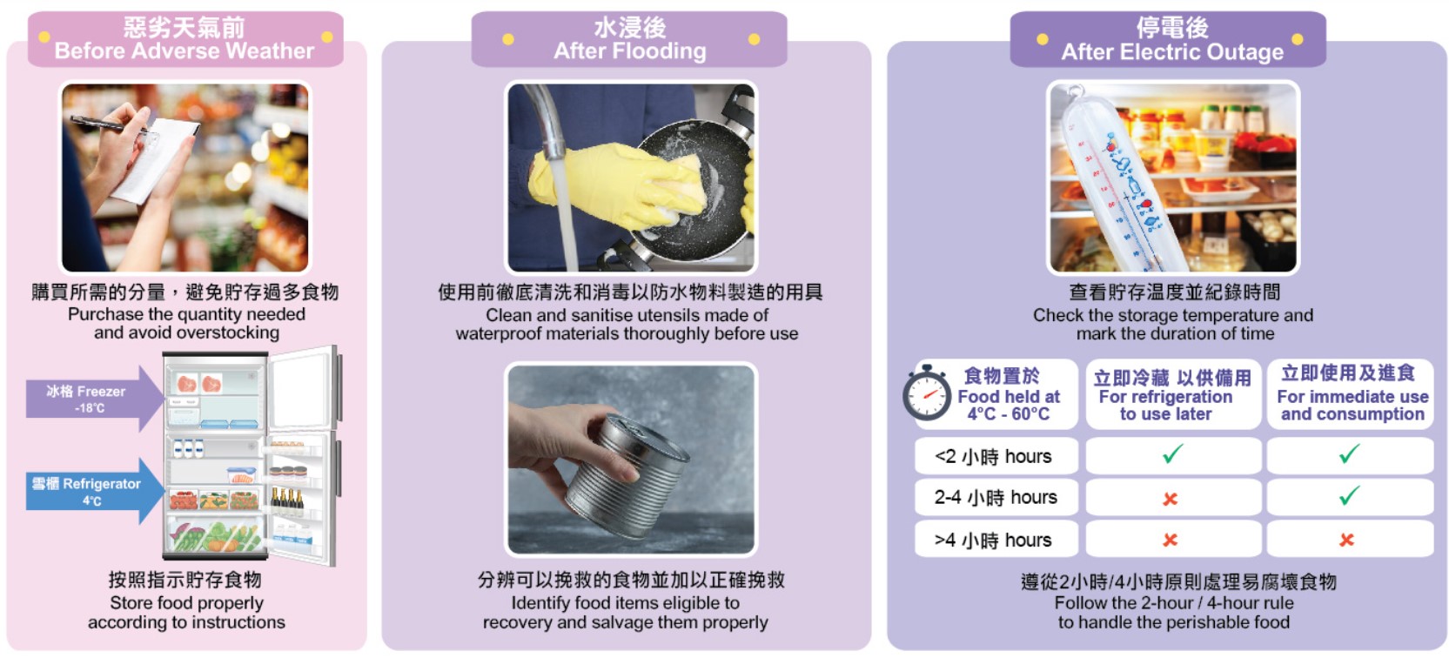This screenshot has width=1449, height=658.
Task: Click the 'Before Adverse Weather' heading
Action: point(184,50)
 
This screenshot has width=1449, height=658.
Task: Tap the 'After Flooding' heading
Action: point(629,50)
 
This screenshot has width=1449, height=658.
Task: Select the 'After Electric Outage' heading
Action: point(1172,51)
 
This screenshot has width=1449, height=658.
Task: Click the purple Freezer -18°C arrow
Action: point(94,399)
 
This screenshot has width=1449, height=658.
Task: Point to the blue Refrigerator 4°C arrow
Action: point(94,491)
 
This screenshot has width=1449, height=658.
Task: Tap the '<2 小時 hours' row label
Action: point(993,457)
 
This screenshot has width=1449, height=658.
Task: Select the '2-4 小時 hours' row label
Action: point(996,498)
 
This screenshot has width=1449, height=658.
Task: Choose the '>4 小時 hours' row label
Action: point(993,540)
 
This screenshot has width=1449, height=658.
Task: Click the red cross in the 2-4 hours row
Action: point(1170,499)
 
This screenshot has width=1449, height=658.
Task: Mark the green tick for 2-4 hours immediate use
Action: point(1350,495)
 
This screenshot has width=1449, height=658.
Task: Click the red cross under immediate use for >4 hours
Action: point(1347,540)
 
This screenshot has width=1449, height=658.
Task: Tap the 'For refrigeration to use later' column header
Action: point(1166,405)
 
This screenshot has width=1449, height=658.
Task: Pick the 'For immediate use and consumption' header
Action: point(1352,405)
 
